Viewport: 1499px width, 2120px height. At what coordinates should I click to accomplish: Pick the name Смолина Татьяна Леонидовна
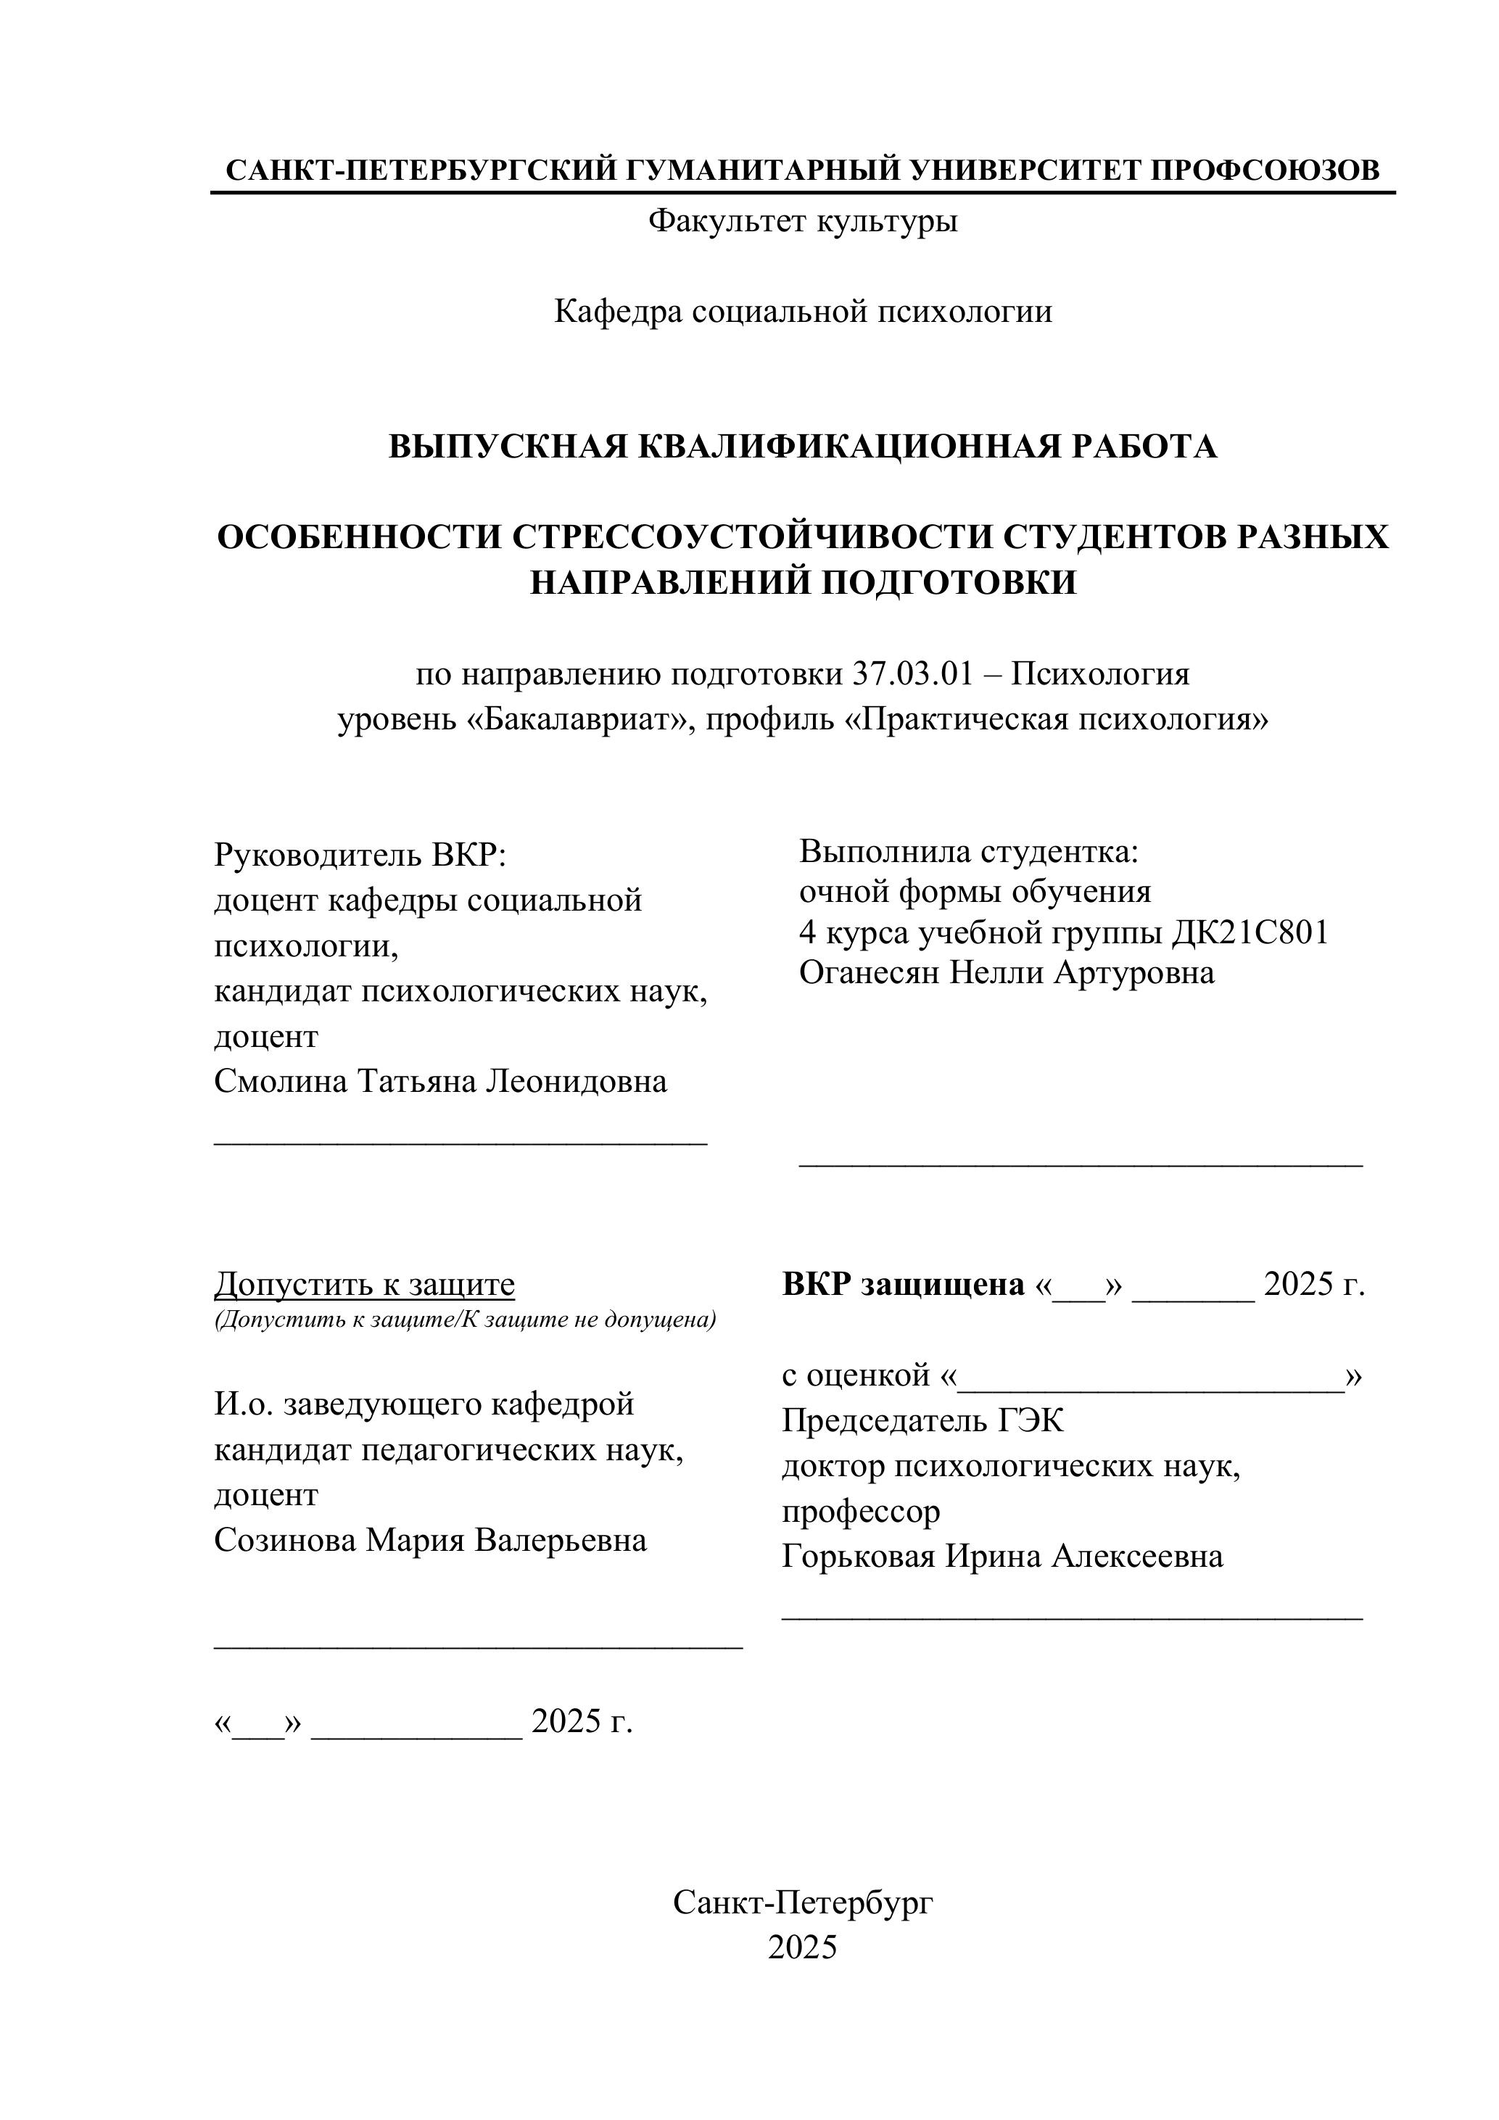tap(440, 1080)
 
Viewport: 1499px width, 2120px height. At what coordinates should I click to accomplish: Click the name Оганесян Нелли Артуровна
tap(1007, 972)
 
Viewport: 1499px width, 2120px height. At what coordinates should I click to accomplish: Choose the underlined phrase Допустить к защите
tap(365, 1284)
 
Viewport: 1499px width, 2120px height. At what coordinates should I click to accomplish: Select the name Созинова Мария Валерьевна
tap(430, 1539)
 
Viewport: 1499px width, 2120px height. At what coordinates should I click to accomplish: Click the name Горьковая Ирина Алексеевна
tap(1002, 1556)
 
